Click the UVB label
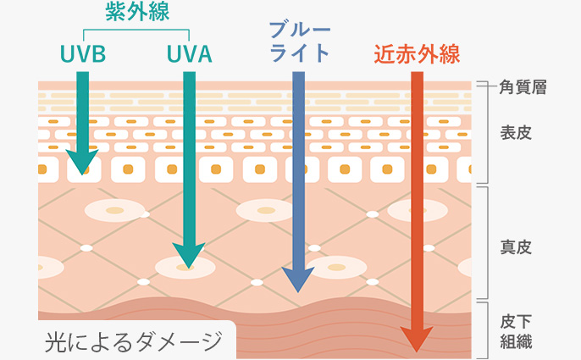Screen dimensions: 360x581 click(x=82, y=53)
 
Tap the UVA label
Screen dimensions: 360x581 click(x=189, y=53)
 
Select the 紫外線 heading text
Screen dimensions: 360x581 click(x=136, y=12)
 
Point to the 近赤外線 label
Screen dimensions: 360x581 click(x=417, y=53)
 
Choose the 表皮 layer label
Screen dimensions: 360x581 click(x=516, y=133)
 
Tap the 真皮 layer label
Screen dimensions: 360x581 click(x=516, y=247)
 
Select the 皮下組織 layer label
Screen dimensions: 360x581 click(x=516, y=332)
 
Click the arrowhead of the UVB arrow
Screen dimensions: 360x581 click(x=82, y=162)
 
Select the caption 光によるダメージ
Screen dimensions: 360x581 click(x=128, y=342)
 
